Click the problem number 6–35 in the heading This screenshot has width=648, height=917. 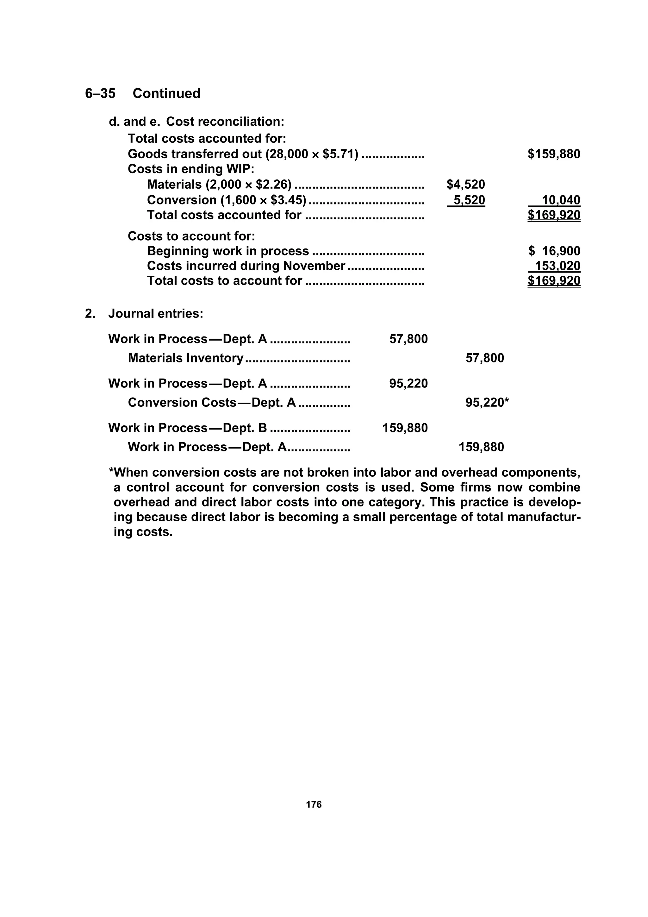click(x=100, y=93)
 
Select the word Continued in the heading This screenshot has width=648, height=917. click(x=166, y=93)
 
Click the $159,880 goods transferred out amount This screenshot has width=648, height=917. click(x=554, y=154)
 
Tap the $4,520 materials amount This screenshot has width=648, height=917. click(x=465, y=185)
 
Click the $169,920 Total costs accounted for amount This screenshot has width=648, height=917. click(x=554, y=215)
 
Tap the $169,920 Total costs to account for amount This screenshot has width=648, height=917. click(x=554, y=281)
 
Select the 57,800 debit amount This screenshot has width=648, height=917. click(x=408, y=339)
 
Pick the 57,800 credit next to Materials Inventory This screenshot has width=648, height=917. click(x=485, y=358)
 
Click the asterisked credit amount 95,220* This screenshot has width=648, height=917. click(x=487, y=403)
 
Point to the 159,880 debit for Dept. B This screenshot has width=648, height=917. click(x=405, y=428)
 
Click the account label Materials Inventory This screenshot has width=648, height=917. click(x=186, y=358)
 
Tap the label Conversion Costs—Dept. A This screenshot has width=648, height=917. click(x=212, y=403)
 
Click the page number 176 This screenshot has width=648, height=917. click(x=314, y=805)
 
